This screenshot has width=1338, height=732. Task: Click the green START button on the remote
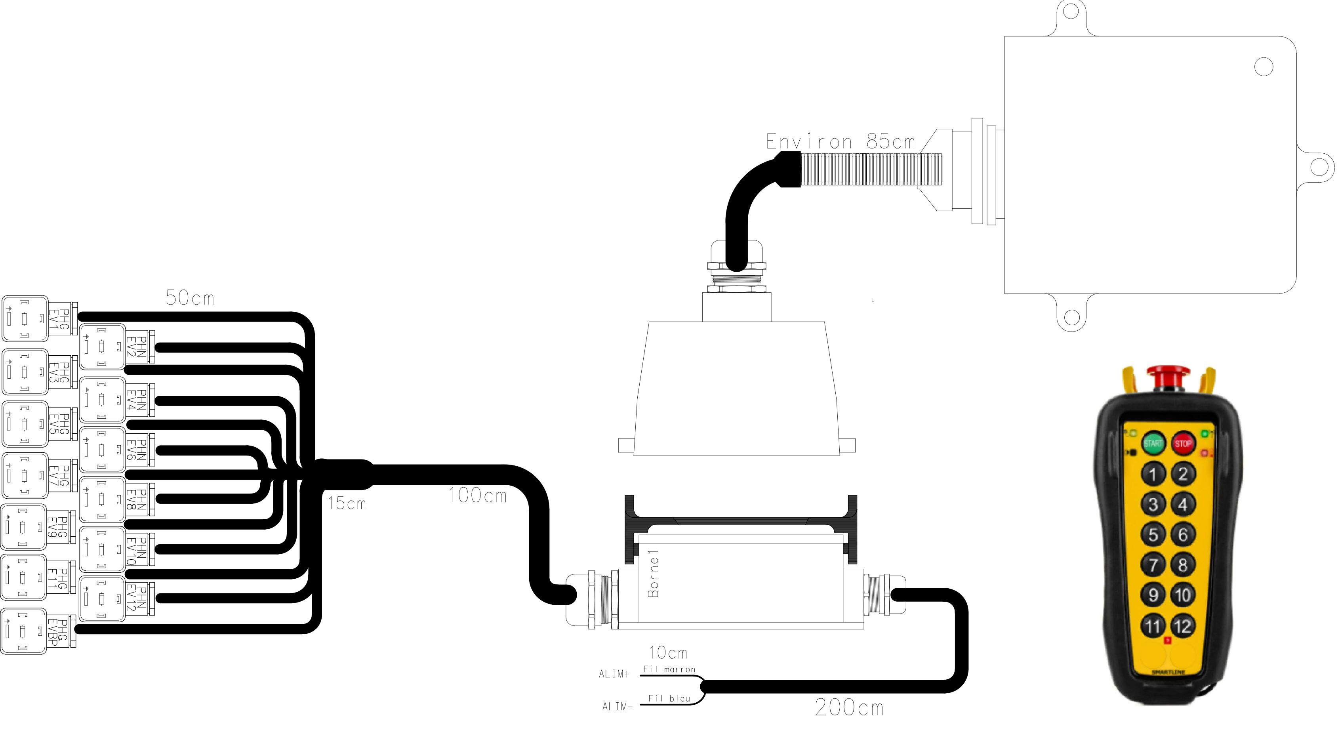1153,443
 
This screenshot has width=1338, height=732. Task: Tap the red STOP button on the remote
1183,443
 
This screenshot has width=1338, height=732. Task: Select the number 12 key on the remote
1183,626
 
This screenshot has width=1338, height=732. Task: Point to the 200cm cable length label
849,707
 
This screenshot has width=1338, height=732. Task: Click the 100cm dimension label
477,496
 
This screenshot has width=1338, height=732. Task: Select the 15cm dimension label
347,503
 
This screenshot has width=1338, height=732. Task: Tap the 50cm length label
190,298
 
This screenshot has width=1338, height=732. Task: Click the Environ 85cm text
840,141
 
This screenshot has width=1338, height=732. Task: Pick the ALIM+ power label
614,674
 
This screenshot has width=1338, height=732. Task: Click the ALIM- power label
617,707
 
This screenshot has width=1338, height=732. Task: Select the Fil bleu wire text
669,699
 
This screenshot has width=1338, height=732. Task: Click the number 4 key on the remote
1183,504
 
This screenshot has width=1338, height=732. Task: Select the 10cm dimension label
668,652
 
